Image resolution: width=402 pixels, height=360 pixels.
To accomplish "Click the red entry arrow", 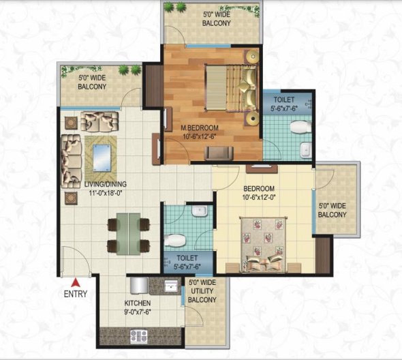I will click(x=76, y=280).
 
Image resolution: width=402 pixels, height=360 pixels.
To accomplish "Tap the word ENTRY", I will click(x=76, y=295).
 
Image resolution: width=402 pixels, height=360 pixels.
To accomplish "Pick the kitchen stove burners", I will click(x=138, y=335).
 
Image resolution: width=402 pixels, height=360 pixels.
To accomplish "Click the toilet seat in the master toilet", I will click(x=298, y=126).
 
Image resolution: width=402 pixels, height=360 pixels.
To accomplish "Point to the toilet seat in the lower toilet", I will click(x=175, y=240).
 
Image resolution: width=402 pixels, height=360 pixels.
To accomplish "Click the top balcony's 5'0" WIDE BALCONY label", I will click(x=216, y=18).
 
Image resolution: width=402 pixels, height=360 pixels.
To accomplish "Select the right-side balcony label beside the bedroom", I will click(x=333, y=210).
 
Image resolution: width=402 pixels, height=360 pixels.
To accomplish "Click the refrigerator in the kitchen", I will click(x=135, y=285).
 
